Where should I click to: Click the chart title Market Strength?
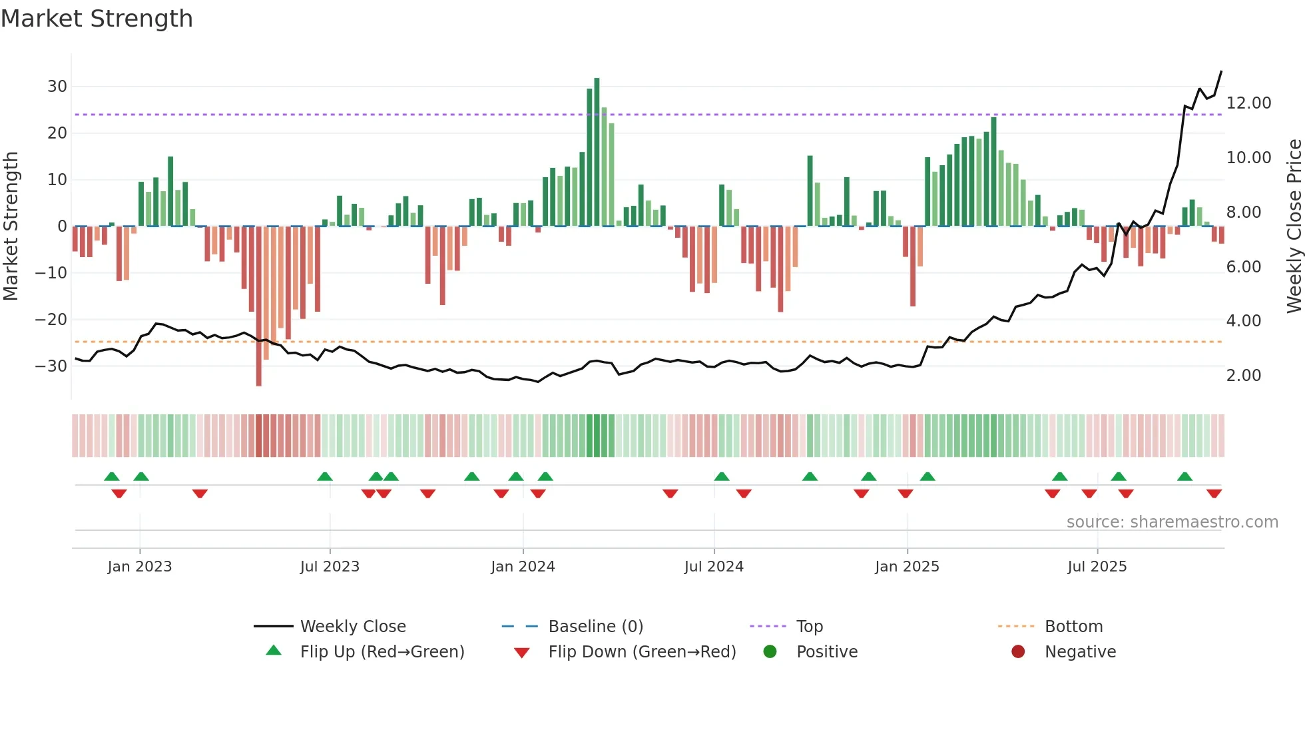click(97, 19)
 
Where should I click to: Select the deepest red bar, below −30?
click(258, 306)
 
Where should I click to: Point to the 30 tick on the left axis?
click(57, 87)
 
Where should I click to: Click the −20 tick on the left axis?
click(51, 320)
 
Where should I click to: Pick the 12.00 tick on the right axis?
click(1248, 103)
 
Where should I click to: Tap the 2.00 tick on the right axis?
click(1243, 376)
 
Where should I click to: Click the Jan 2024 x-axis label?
click(523, 567)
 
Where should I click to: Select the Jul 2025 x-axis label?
click(1097, 567)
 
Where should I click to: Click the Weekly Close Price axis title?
click(1294, 226)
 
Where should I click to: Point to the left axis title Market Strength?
click(11, 226)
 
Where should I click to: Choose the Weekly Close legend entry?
click(352, 627)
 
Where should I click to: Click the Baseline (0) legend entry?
click(595, 627)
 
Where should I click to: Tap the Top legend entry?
click(809, 627)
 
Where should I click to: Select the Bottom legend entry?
click(1073, 627)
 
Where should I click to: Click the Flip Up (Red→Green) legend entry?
click(382, 652)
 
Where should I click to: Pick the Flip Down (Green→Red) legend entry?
click(642, 652)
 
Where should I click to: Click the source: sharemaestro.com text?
click(1172, 522)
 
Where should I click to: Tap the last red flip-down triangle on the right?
click(1214, 494)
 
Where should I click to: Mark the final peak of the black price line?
click(1221, 71)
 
